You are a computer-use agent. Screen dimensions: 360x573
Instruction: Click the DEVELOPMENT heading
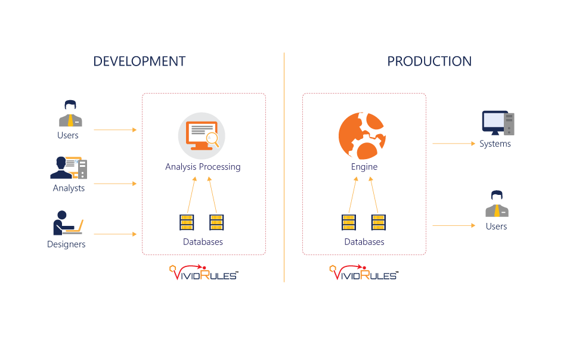(140, 61)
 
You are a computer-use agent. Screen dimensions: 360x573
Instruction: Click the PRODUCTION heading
(429, 61)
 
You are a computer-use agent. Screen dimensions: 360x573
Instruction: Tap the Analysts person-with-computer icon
(69, 167)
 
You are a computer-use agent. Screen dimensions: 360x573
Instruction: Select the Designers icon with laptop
(67, 223)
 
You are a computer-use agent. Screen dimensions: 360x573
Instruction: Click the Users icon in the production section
(496, 204)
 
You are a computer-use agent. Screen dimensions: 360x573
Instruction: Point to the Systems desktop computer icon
(498, 123)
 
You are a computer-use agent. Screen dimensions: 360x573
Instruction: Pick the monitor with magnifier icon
(202, 135)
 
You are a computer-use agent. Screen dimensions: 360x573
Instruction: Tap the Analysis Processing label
(203, 167)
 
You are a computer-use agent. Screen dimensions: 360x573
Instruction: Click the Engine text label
(364, 167)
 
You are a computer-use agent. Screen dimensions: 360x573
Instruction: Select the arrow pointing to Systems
(454, 144)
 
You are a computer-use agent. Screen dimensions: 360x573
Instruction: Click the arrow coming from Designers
(115, 234)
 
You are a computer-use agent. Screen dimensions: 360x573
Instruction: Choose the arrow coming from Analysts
(115, 184)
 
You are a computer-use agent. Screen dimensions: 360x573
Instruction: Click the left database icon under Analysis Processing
(187, 222)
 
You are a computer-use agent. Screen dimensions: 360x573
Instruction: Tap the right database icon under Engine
(378, 222)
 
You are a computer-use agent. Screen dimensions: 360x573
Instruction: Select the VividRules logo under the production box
(364, 273)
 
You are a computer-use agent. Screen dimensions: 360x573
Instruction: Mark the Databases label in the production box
(364, 242)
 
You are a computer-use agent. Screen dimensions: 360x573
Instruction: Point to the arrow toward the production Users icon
(454, 226)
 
